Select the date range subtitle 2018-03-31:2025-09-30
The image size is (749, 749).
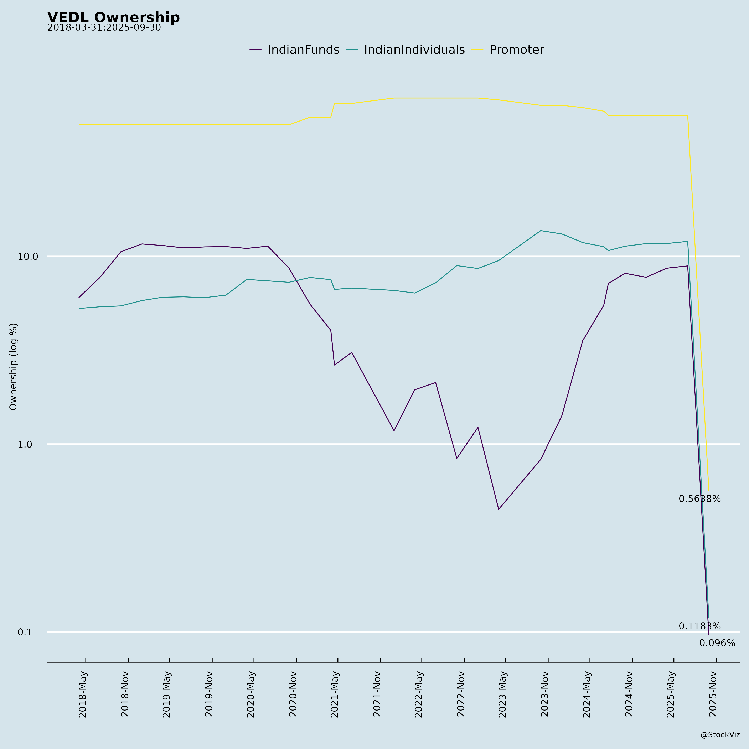[104, 28]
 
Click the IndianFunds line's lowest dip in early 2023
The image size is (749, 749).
[499, 509]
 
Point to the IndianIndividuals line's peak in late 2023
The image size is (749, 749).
[541, 231]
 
